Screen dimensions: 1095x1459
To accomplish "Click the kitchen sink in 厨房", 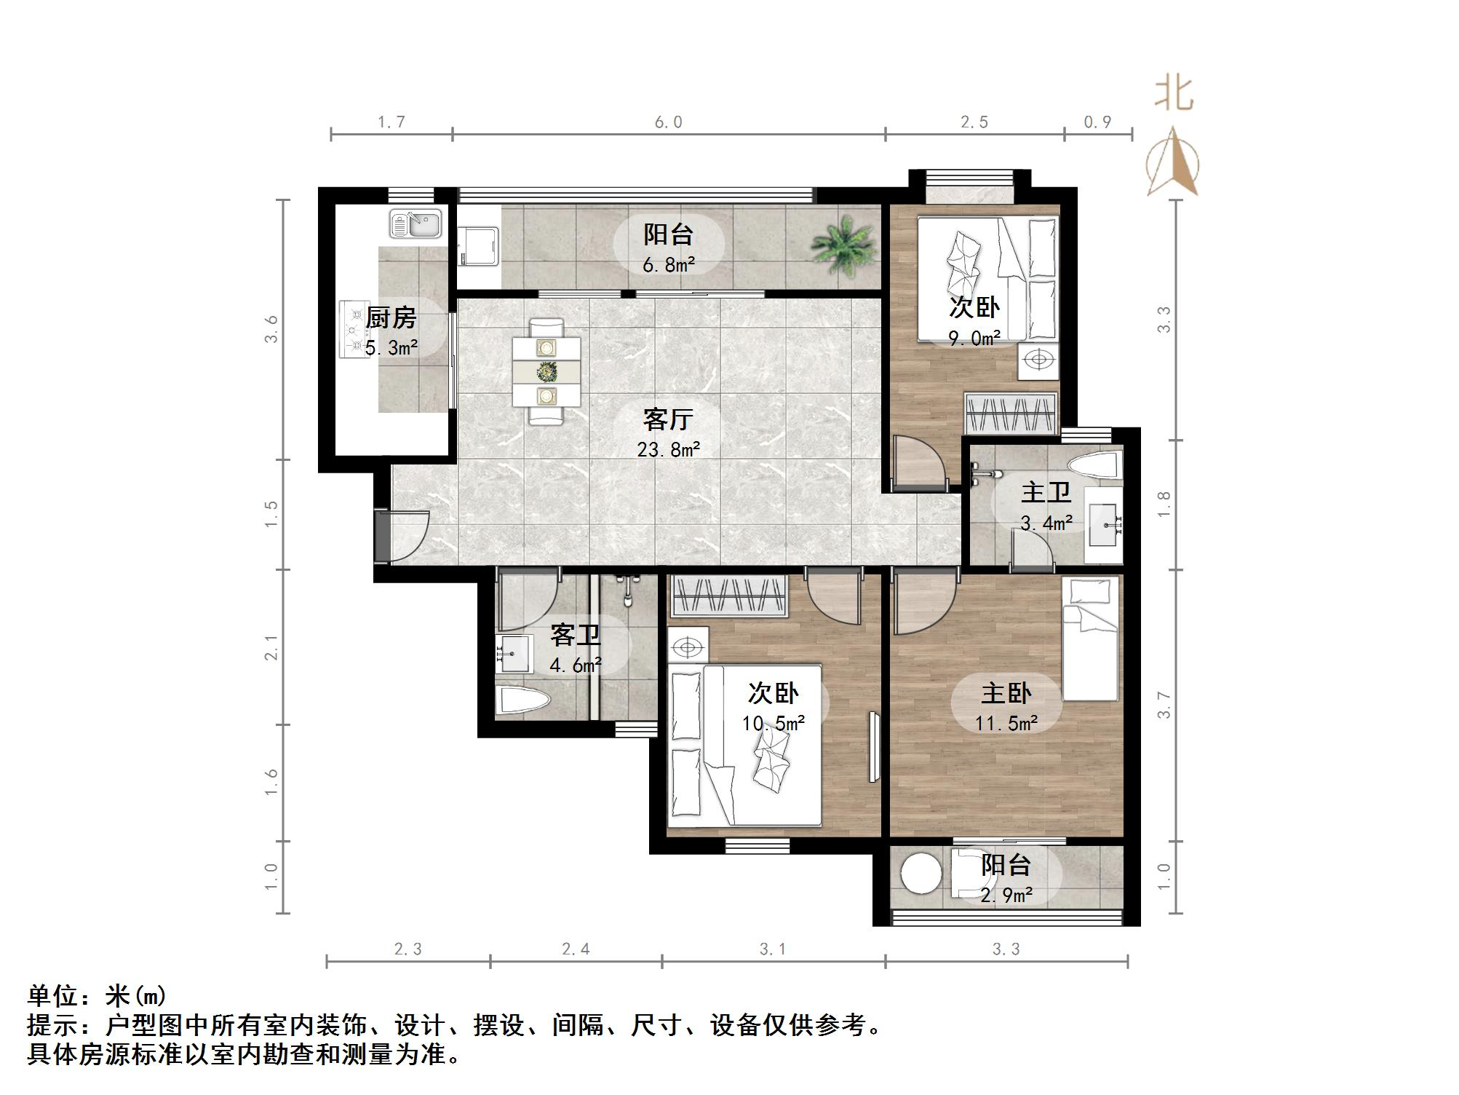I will click(x=416, y=224).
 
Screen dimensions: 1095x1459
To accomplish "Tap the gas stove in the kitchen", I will click(x=356, y=329).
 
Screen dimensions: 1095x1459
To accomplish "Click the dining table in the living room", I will click(x=546, y=372).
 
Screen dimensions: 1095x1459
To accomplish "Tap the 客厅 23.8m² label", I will click(x=668, y=433).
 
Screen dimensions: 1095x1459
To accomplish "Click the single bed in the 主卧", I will click(x=1090, y=639).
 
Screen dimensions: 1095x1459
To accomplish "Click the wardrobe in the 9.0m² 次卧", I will click(x=1010, y=414).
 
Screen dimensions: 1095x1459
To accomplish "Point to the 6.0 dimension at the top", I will click(x=668, y=122).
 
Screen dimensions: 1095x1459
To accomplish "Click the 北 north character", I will click(x=1173, y=93).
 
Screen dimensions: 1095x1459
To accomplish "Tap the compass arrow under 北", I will click(x=1173, y=164).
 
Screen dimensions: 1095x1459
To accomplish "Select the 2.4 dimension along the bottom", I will click(x=576, y=949).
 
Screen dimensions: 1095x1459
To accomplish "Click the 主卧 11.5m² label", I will click(x=1006, y=706).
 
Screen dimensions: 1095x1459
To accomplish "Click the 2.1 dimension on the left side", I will click(x=271, y=647).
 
